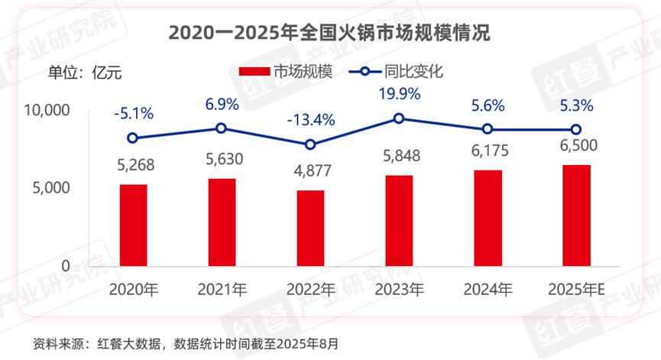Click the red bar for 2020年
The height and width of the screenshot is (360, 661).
(134, 225)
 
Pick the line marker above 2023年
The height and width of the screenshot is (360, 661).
(399, 118)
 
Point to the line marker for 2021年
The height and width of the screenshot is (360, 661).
(222, 128)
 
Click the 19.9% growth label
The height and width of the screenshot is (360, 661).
(399, 94)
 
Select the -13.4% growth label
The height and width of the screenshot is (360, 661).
(311, 120)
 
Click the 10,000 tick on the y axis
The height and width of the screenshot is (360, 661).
(47, 111)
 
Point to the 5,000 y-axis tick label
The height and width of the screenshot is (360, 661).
(51, 188)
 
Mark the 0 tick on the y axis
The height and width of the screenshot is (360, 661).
(66, 266)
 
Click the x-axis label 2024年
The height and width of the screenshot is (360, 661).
(488, 290)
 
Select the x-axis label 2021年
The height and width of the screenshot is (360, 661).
(222, 290)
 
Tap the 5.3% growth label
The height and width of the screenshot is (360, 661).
(577, 105)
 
